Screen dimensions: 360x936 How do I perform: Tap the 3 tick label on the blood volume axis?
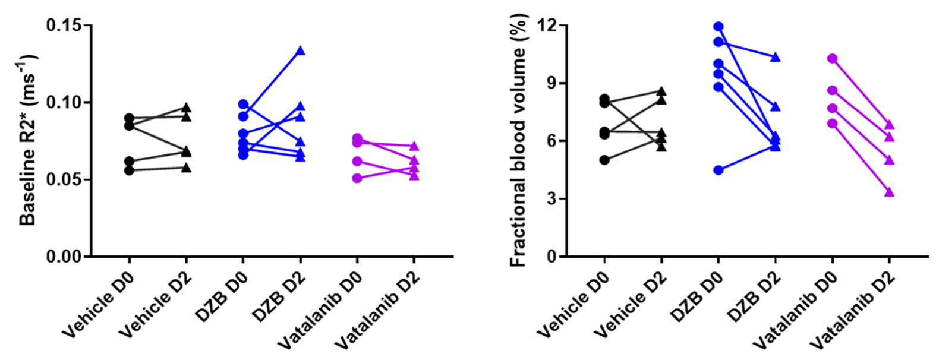click(x=552, y=198)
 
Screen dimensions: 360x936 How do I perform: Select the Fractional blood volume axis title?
click(x=518, y=141)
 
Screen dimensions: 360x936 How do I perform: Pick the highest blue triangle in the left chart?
click(x=300, y=50)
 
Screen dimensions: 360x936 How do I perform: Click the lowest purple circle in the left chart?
click(x=357, y=178)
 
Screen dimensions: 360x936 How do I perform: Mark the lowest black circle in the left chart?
click(x=129, y=170)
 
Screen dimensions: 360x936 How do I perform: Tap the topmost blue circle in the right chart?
click(x=718, y=26)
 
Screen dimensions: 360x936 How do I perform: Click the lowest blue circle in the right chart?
click(x=718, y=170)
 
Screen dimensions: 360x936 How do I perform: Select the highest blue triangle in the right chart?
click(x=775, y=58)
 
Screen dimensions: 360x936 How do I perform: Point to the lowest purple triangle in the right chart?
click(x=889, y=192)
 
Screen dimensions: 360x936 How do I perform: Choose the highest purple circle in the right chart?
click(x=832, y=59)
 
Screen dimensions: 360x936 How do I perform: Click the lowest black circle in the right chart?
click(x=604, y=160)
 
